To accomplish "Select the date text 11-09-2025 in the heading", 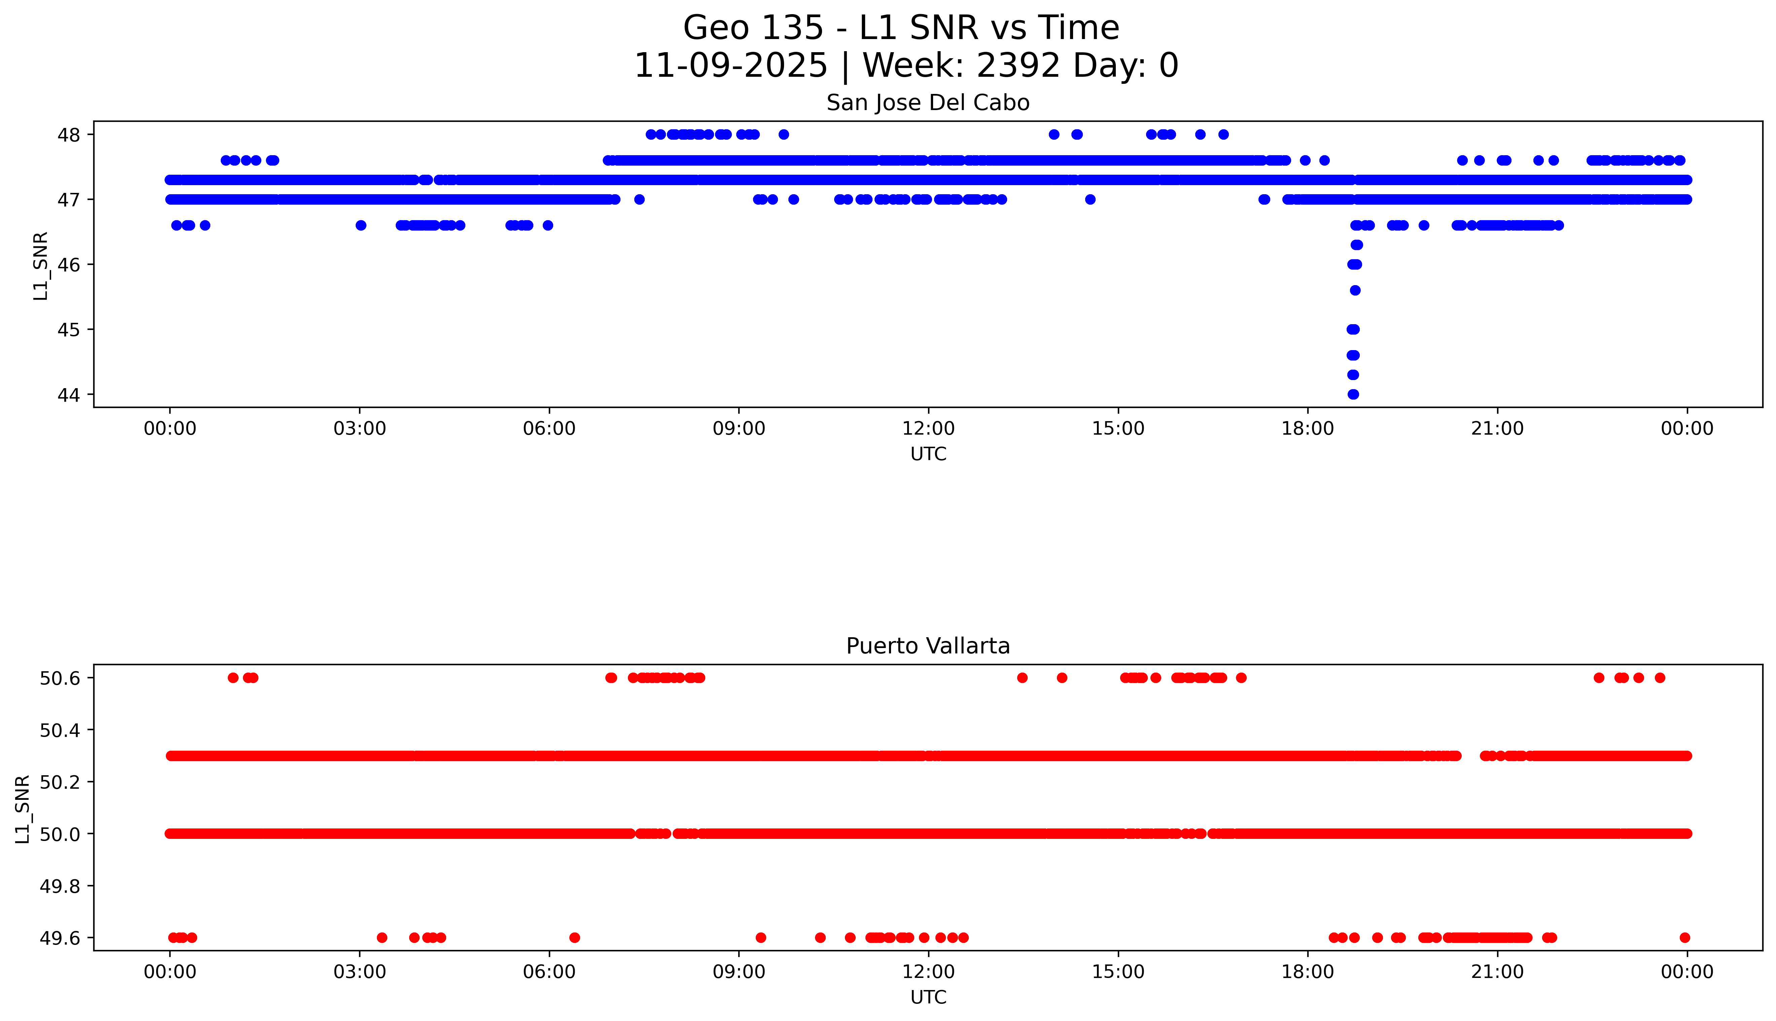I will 731,66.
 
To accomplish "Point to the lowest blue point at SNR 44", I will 1353,394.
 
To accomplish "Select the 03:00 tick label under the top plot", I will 360,429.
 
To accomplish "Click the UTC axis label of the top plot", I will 928,454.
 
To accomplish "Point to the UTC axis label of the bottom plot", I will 928,997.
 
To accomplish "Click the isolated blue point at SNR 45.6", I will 1355,290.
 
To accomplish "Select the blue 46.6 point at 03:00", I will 361,225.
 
